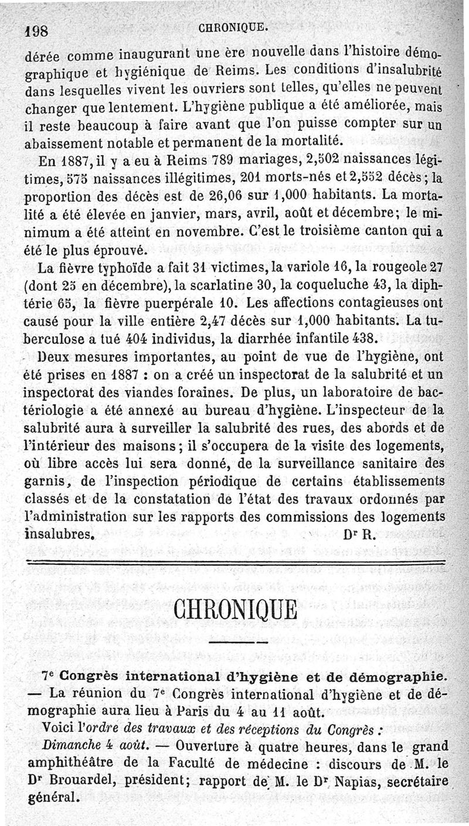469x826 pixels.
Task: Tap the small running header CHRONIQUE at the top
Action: (234, 26)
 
